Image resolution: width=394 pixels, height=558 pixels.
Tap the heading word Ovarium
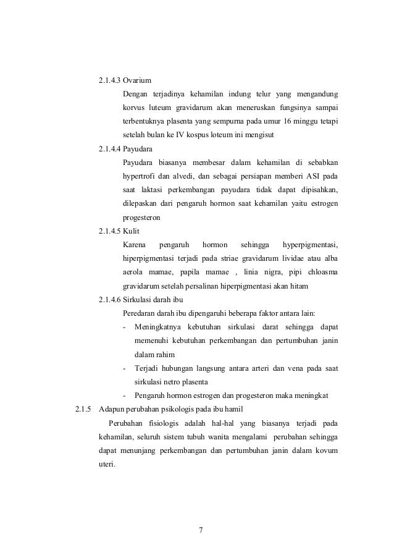(137, 80)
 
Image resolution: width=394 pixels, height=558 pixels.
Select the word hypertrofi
(141, 177)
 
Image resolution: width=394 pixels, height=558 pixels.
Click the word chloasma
(322, 273)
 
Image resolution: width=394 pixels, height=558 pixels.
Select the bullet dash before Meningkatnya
(125, 328)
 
